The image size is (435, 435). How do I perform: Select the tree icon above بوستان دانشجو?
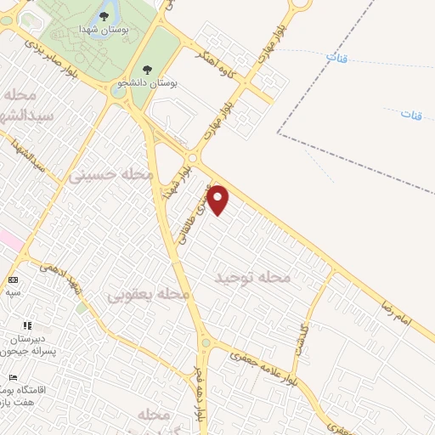(148, 71)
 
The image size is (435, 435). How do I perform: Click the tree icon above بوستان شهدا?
(103, 15)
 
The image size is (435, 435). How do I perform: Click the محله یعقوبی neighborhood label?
(148, 294)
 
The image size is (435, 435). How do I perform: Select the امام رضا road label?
(397, 319)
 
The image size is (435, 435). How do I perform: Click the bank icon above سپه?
(13, 280)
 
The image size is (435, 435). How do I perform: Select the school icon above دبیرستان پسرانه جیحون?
(27, 325)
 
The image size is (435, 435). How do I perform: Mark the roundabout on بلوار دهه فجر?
(206, 344)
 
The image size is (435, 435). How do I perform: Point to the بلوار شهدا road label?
(179, 175)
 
